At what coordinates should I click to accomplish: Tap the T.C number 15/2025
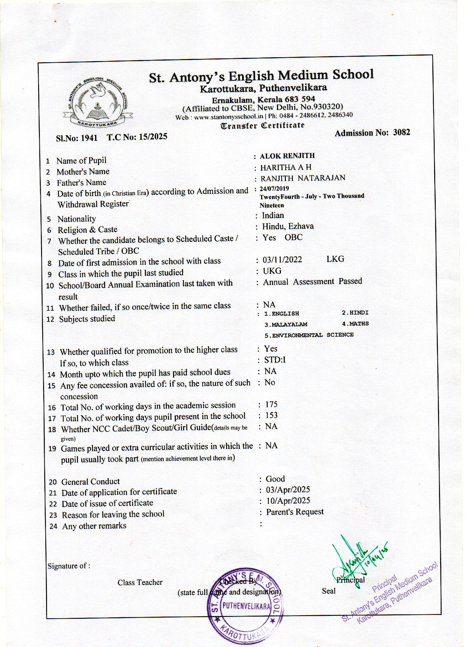click(x=153, y=137)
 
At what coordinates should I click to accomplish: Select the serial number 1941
click(x=89, y=138)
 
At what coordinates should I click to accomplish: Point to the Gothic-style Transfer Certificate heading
click(x=263, y=126)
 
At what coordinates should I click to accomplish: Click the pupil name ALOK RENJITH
click(x=287, y=156)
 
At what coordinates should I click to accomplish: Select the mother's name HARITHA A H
click(x=286, y=167)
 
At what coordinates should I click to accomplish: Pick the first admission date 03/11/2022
click(x=282, y=259)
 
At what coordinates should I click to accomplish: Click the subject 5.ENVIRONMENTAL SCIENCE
click(x=309, y=335)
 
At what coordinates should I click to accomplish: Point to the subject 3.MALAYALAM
click(x=286, y=325)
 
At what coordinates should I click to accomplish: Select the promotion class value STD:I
click(x=275, y=360)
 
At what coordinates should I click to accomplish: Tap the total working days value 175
click(x=271, y=404)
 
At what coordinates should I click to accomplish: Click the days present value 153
click(x=271, y=415)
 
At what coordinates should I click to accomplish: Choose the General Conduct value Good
click(x=275, y=479)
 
